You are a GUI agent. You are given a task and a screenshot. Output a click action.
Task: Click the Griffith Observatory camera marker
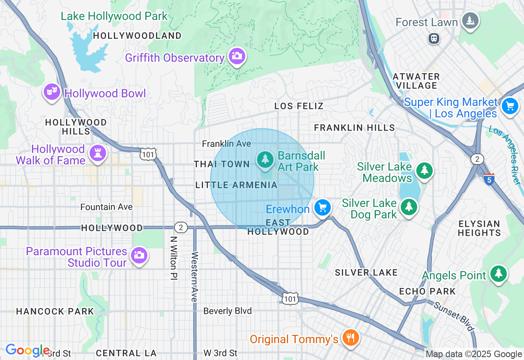(237, 56)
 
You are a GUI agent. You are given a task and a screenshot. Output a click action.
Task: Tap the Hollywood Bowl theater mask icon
(52, 92)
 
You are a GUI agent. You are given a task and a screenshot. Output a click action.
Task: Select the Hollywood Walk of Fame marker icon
(97, 153)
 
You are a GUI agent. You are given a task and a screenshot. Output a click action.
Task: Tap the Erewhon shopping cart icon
(323, 207)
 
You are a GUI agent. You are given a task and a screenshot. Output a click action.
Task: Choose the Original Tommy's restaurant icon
(350, 337)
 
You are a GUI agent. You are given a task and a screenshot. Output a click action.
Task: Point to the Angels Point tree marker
(498, 274)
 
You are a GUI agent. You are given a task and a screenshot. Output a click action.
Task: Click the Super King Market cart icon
(510, 106)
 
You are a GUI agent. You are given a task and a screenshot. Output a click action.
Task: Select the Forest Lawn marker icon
(470, 20)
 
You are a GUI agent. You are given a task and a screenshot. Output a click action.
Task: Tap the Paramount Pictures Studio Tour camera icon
(139, 255)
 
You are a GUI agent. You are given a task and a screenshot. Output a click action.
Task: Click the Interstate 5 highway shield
(489, 179)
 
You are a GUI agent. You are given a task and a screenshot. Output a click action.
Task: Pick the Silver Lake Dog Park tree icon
(409, 207)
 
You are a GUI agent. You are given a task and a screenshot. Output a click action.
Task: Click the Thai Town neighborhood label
(221, 164)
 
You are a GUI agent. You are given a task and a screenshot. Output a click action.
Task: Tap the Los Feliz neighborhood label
(299, 106)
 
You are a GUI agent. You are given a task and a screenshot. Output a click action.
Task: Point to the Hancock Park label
(55, 311)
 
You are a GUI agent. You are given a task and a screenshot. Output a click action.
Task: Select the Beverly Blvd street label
(227, 311)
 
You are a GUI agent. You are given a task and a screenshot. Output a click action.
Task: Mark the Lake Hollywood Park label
(114, 16)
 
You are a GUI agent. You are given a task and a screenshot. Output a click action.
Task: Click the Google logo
(27, 350)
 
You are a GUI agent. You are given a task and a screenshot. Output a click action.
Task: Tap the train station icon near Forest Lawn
(434, 38)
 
